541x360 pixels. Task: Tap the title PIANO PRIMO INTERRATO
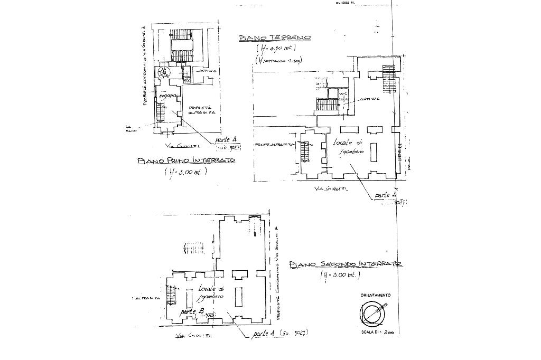point(185,160)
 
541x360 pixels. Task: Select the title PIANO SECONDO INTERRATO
point(346,264)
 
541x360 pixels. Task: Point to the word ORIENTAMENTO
point(376,295)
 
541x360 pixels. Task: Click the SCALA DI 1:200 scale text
point(378,333)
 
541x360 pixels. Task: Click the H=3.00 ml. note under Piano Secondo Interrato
point(340,276)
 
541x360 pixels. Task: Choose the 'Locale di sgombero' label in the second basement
point(212,293)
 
